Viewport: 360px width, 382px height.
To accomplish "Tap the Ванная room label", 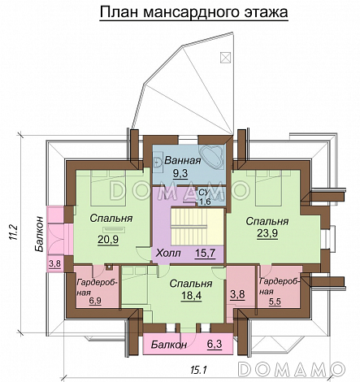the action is pyautogui.click(x=183, y=160).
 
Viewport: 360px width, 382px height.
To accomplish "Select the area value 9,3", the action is pyautogui.click(x=180, y=173).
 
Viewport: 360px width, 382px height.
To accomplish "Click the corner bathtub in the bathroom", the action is pyautogui.click(x=212, y=155).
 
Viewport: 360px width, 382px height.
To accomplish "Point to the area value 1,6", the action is pyautogui.click(x=205, y=202).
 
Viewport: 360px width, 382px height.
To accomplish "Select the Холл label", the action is pyautogui.click(x=168, y=254).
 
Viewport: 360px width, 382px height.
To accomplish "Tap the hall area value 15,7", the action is pyautogui.click(x=205, y=253).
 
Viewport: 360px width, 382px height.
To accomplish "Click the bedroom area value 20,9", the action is pyautogui.click(x=108, y=240).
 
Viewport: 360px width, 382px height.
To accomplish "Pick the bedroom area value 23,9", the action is pyautogui.click(x=267, y=233).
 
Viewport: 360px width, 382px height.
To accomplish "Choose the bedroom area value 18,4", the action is pyautogui.click(x=191, y=296).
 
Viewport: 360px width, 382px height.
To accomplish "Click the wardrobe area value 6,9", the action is pyautogui.click(x=95, y=301).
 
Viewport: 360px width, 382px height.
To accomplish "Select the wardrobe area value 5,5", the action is pyautogui.click(x=275, y=302).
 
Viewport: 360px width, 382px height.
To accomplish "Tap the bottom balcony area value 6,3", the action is pyautogui.click(x=215, y=344).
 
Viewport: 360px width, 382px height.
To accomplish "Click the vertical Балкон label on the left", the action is pyautogui.click(x=40, y=234).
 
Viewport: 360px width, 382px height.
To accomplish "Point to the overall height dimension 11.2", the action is pyautogui.click(x=14, y=232).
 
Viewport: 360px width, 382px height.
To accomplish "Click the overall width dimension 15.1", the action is pyautogui.click(x=199, y=369).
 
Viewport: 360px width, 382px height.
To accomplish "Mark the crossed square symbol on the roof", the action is pyautogui.click(x=225, y=57).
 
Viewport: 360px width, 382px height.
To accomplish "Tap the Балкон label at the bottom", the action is pyautogui.click(x=169, y=345).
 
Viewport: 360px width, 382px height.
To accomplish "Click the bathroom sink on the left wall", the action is pyautogui.click(x=157, y=162).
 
